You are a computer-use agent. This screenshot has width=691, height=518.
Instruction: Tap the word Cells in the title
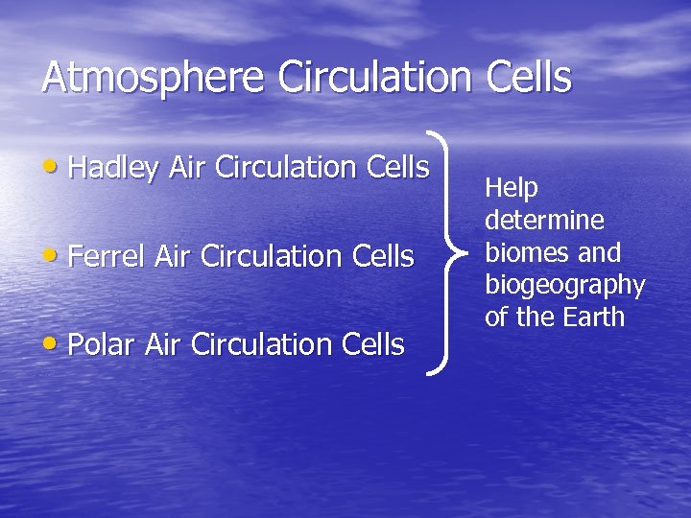(x=527, y=77)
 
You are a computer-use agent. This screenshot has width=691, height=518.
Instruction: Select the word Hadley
(x=114, y=168)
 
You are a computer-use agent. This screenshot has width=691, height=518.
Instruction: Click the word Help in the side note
(x=512, y=189)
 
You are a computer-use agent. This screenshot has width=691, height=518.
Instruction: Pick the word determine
(x=544, y=221)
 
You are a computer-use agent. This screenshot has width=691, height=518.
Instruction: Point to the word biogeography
(x=564, y=286)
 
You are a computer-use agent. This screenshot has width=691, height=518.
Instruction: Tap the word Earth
(x=596, y=318)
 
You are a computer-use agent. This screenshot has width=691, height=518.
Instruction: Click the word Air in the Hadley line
(x=188, y=168)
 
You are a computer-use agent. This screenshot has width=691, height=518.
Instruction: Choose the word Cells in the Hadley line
(x=397, y=168)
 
